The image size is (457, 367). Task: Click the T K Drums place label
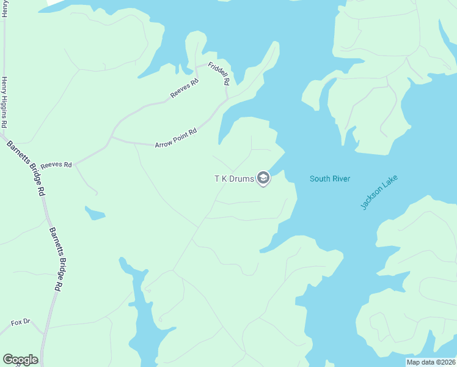coord(233,179)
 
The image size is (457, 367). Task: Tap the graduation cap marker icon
coord(263,179)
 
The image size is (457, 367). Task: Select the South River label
coord(330,179)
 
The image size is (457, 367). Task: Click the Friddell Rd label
coord(219,73)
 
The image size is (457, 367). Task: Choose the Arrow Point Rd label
coord(176,138)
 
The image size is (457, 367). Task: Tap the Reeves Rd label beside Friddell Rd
coord(185,89)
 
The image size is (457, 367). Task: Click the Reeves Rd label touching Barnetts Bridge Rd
coord(56,165)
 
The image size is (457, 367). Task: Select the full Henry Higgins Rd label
coord(4,102)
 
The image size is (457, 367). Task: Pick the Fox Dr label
coord(20,322)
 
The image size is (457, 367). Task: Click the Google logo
coord(20,360)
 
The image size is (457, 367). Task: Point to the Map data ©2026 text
coord(431,361)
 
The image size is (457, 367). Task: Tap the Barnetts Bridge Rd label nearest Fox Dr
coord(56,260)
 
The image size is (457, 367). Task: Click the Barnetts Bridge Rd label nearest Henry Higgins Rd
coord(26,168)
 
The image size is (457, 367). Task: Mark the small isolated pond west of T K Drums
coord(95,213)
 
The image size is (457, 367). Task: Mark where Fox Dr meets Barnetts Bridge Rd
coord(44,333)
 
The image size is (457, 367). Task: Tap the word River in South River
coord(340,179)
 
